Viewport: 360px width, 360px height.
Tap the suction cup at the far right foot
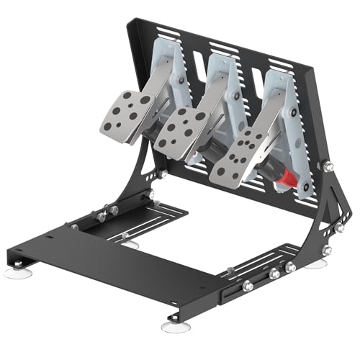(x=315, y=264)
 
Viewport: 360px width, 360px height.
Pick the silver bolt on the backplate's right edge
(x=329, y=166)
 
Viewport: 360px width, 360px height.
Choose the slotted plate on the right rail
(x=277, y=259)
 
